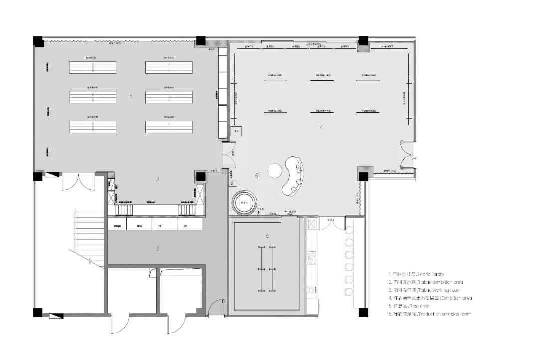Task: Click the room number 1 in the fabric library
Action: click(x=131, y=97)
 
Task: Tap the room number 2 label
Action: click(x=158, y=179)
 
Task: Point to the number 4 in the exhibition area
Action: click(x=321, y=128)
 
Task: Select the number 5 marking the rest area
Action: click(x=256, y=175)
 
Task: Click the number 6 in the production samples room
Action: click(x=267, y=236)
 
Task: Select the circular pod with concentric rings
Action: click(x=245, y=202)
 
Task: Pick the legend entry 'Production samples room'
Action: click(x=429, y=314)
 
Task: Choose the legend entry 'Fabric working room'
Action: click(x=424, y=290)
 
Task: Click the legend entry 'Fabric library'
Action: click(x=416, y=274)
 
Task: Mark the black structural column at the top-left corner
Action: click(x=39, y=42)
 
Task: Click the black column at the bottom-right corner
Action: click(x=363, y=312)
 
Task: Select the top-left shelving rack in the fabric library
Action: click(x=93, y=67)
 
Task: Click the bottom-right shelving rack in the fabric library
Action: click(x=169, y=127)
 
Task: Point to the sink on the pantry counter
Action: click(x=313, y=256)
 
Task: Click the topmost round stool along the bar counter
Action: click(x=349, y=230)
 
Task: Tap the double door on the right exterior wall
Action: click(x=407, y=155)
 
